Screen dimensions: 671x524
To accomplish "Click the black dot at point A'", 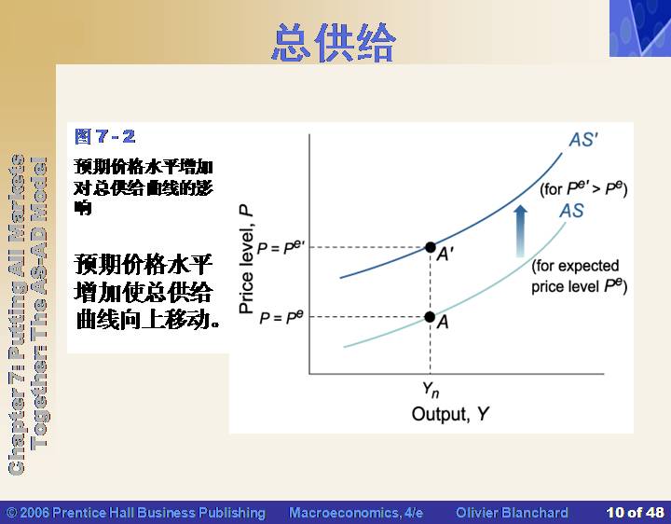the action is [430, 247].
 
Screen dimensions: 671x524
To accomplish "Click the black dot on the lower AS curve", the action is [430, 317].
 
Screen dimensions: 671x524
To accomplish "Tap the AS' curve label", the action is [583, 140].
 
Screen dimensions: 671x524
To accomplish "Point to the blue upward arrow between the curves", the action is [520, 230].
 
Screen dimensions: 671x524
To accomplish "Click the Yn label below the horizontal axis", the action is [431, 390].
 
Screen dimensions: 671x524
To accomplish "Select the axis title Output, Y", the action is [450, 414].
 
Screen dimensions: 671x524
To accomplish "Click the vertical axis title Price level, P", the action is [246, 259].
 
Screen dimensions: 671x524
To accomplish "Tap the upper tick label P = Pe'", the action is [281, 247].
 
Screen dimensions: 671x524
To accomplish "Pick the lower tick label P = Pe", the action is [281, 318].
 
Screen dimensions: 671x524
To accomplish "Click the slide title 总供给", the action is [334, 42].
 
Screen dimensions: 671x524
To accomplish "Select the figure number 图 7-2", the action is [104, 136].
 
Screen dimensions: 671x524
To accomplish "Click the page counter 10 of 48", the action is [635, 513].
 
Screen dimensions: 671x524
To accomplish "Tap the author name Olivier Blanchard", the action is [512, 513].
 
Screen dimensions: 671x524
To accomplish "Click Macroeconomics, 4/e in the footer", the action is [356, 513].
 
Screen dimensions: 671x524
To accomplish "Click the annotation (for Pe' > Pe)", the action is [583, 188].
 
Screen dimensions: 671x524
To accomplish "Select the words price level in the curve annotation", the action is [565, 286].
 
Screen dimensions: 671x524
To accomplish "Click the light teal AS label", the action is [571, 211].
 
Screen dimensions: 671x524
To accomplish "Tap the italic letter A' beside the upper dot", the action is [445, 255].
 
